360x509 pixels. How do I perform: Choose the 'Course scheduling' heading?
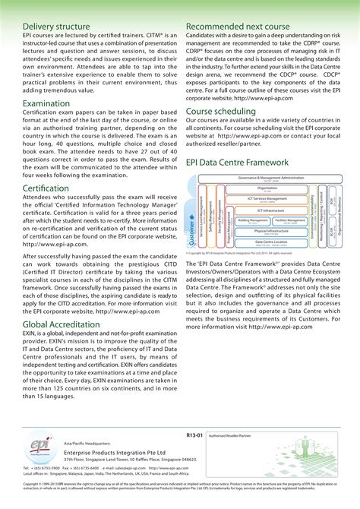(225, 112)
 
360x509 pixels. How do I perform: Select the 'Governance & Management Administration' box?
(266, 179)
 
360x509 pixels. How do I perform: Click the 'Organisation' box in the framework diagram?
(267, 188)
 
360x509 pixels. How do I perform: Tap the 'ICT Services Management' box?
(267, 199)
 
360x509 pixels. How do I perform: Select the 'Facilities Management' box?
(285, 220)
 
